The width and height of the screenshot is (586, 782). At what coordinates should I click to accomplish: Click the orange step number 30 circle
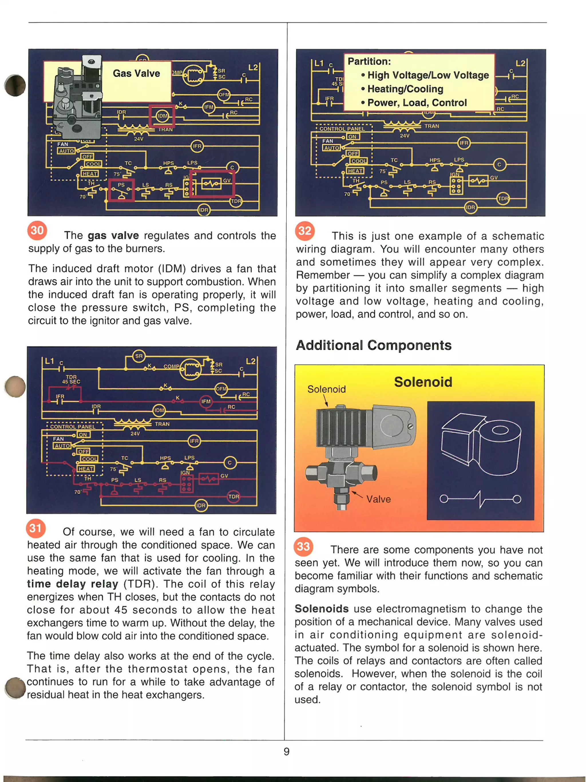[x=37, y=230]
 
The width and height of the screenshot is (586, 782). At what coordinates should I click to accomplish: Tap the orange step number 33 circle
[x=303, y=546]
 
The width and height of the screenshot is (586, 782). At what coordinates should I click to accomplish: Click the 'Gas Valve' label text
[x=136, y=74]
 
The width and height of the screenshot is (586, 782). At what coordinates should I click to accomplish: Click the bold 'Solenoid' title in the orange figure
[x=423, y=382]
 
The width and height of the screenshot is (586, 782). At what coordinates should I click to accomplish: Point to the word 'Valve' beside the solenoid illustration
[x=378, y=499]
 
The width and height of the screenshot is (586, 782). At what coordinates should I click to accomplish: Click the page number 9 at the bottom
[x=286, y=751]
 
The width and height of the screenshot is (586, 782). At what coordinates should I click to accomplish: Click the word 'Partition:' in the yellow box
[x=369, y=61]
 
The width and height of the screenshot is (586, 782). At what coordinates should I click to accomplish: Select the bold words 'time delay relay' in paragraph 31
[x=72, y=584]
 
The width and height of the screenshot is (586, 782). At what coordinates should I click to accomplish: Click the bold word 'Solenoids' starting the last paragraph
[x=321, y=608]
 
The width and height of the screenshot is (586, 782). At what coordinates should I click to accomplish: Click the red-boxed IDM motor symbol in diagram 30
[x=162, y=116]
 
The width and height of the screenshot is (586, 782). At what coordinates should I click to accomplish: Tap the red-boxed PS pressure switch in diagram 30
[x=121, y=190]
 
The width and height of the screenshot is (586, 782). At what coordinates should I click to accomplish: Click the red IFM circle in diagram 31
[x=206, y=401]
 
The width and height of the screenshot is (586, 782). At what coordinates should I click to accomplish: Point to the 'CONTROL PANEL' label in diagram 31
[x=72, y=426]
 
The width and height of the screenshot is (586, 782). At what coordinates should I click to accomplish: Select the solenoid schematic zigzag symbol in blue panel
[x=480, y=499]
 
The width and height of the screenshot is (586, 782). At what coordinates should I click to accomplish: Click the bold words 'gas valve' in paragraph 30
[x=113, y=235]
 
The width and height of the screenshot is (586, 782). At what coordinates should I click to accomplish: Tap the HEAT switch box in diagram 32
[x=355, y=171]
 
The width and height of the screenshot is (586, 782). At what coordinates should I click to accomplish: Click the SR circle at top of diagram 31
[x=139, y=356]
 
